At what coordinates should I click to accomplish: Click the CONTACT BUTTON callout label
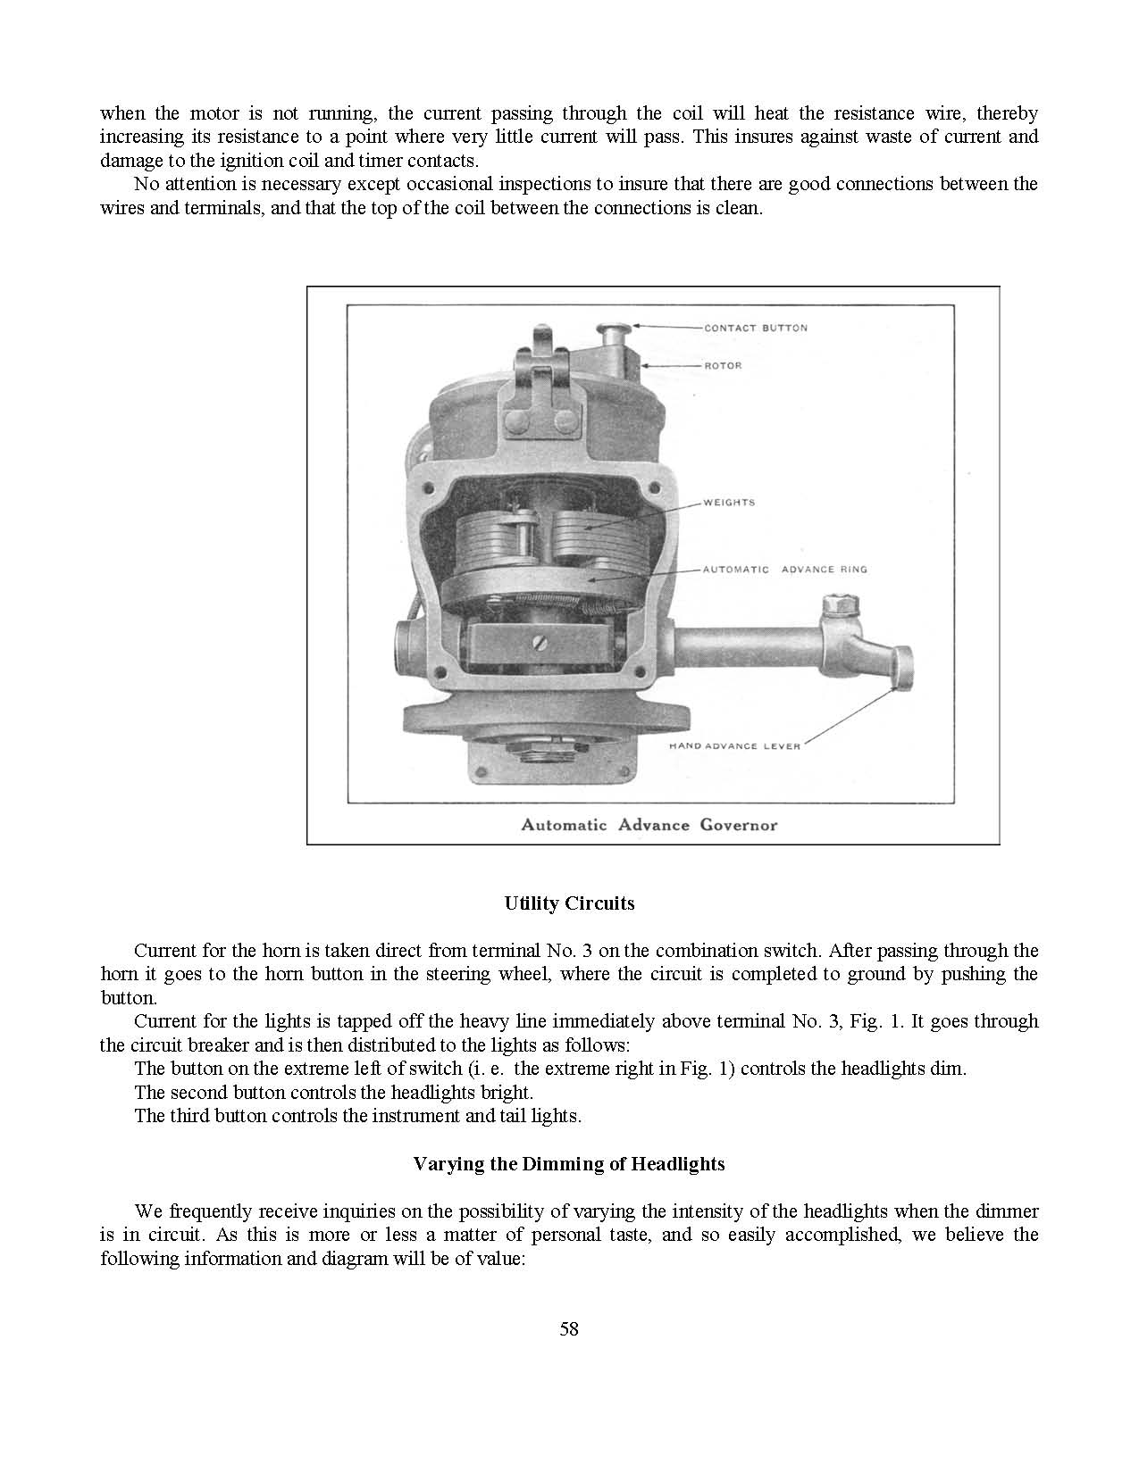click(755, 328)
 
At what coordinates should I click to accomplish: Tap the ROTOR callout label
click(723, 365)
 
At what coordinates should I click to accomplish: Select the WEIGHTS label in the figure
click(729, 503)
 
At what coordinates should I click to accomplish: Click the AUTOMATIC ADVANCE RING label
click(784, 570)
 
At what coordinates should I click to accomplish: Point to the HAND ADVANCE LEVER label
click(734, 745)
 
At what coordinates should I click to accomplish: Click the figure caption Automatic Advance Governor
click(649, 825)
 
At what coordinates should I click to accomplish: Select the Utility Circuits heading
click(569, 903)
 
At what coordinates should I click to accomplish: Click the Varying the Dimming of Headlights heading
click(569, 1164)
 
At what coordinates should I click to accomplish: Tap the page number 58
click(569, 1329)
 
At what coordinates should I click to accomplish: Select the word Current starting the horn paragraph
click(163, 951)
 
